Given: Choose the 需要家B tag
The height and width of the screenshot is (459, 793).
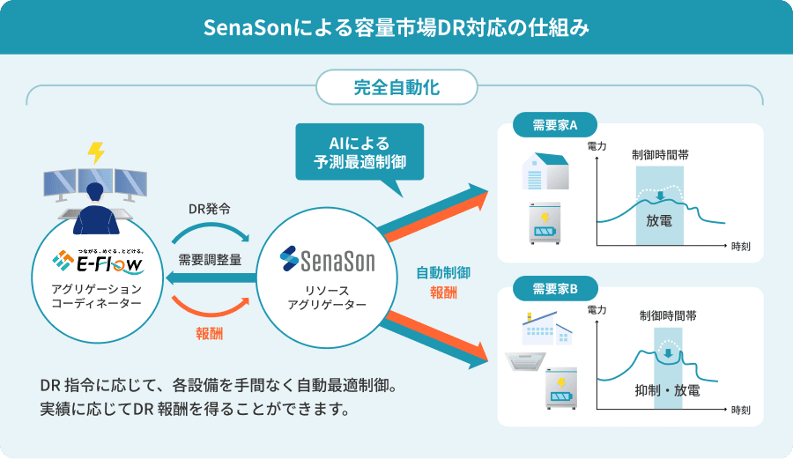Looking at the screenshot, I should coord(555,288).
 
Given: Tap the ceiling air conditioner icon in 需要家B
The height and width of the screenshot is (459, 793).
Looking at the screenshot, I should coord(525,362).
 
